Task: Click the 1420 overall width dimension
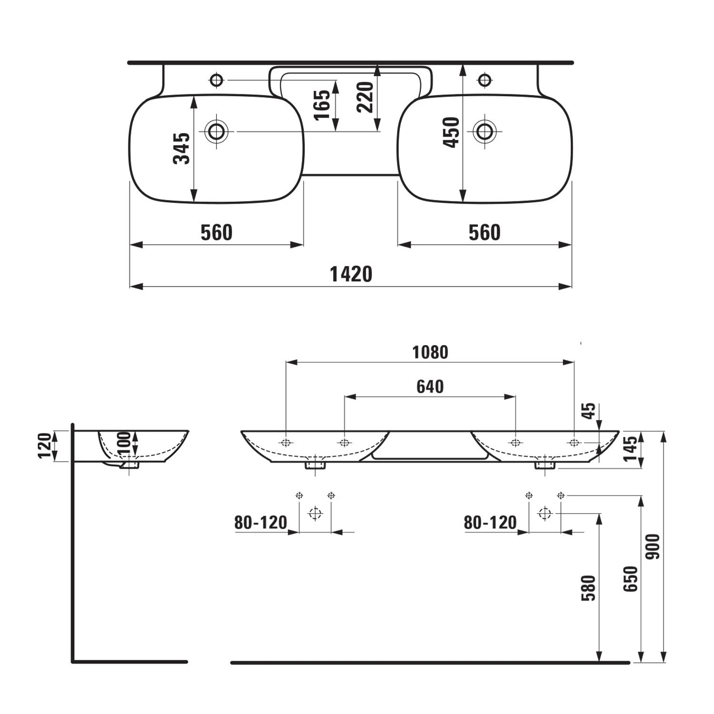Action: point(351,274)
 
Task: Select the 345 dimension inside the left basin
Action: point(181,149)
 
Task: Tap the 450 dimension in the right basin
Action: point(451,132)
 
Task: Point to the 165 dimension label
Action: point(322,105)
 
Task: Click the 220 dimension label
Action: point(366,97)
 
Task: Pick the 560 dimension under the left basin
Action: point(217,233)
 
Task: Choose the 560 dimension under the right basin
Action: point(485,233)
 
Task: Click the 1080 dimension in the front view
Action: point(430,352)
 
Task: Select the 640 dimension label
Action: point(430,387)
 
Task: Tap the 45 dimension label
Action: point(589,410)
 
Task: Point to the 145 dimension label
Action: point(630,449)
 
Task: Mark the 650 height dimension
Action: point(630,579)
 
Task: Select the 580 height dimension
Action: point(589,588)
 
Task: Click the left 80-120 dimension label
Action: point(261,523)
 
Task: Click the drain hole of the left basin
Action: point(217,131)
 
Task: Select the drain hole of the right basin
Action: point(485,131)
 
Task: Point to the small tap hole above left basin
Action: point(217,80)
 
